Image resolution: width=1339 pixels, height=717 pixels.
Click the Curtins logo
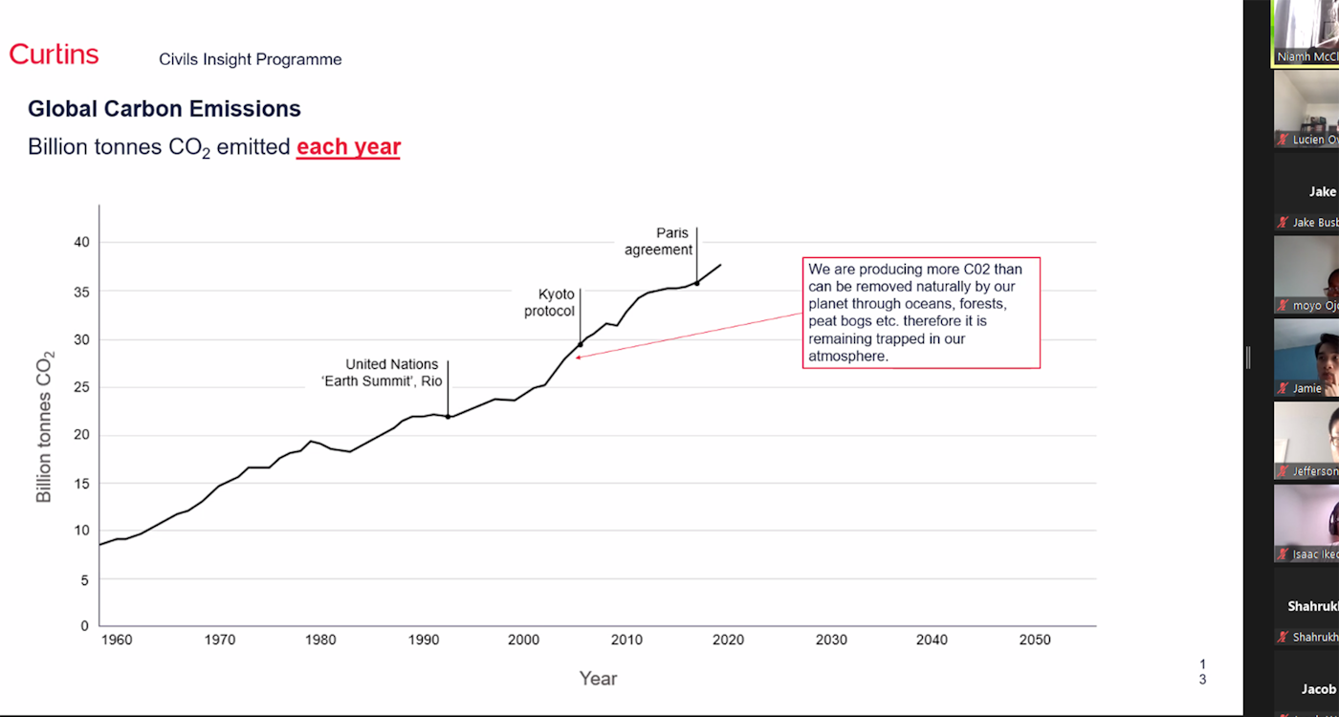[55, 54]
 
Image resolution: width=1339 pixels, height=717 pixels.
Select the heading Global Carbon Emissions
[165, 109]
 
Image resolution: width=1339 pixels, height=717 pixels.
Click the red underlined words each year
[348, 147]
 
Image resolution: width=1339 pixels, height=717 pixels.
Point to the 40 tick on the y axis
[82, 242]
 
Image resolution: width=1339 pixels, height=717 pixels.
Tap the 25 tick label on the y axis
[82, 387]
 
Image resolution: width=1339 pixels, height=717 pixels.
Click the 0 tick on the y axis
[84, 626]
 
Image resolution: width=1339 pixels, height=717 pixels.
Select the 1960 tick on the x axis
[116, 640]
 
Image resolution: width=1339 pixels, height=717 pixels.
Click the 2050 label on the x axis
[1035, 640]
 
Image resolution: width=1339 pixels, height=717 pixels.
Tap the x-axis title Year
[598, 678]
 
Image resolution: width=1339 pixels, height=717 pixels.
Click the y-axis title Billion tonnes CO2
[45, 426]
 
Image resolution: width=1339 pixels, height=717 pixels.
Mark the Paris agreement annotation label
[659, 242]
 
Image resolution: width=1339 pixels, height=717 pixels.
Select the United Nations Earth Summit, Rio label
[392, 372]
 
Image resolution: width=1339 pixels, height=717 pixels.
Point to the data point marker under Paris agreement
[696, 283]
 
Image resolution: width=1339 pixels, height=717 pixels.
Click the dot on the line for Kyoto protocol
[580, 345]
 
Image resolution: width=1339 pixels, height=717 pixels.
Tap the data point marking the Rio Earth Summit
[448, 417]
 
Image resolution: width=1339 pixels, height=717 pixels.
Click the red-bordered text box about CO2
[920, 312]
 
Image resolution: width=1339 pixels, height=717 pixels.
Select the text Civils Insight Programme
[251, 59]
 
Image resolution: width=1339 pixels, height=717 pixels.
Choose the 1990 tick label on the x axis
[423, 640]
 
